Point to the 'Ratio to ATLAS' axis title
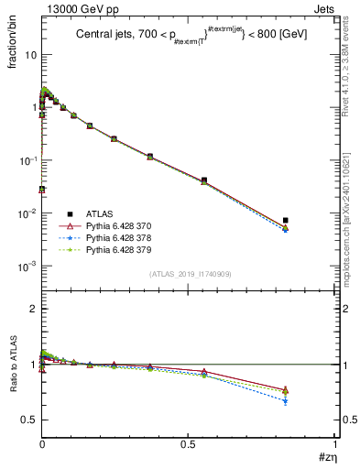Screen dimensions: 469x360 point(13,365)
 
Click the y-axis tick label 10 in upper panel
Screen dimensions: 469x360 point(30,55)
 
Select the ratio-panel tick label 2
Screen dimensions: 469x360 point(33,309)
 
